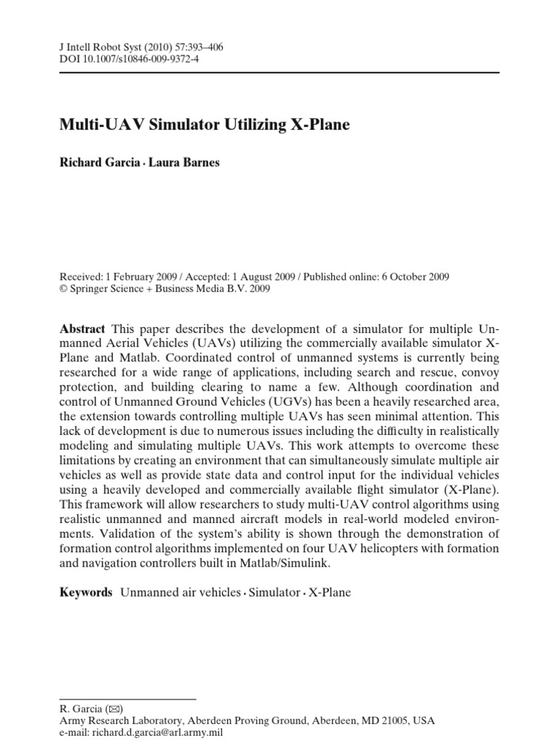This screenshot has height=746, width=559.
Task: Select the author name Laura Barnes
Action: click(x=184, y=162)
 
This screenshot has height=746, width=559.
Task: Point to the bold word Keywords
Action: click(x=86, y=592)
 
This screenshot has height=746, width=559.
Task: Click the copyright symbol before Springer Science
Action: click(x=63, y=288)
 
